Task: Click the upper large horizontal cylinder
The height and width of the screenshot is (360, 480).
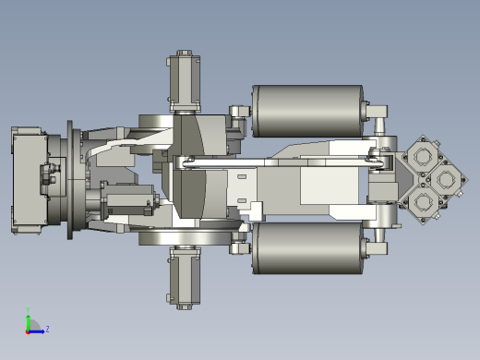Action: [x=307, y=111]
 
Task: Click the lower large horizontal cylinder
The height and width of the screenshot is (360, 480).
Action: [x=307, y=247]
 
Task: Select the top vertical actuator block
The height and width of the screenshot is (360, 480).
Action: [x=184, y=82]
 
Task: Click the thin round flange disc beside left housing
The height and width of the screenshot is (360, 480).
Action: [x=70, y=180]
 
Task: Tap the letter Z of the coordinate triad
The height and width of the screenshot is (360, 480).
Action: [x=47, y=329]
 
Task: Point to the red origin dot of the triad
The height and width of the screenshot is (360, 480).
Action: [x=29, y=330]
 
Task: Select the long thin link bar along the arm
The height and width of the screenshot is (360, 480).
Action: [x=277, y=162]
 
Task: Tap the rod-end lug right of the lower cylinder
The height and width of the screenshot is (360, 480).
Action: [x=377, y=246]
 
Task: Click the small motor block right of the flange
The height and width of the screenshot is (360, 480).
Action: [x=127, y=198]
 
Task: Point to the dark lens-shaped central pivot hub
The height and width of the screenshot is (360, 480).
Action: [x=192, y=179]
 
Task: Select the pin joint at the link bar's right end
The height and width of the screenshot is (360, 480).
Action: [x=378, y=162]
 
